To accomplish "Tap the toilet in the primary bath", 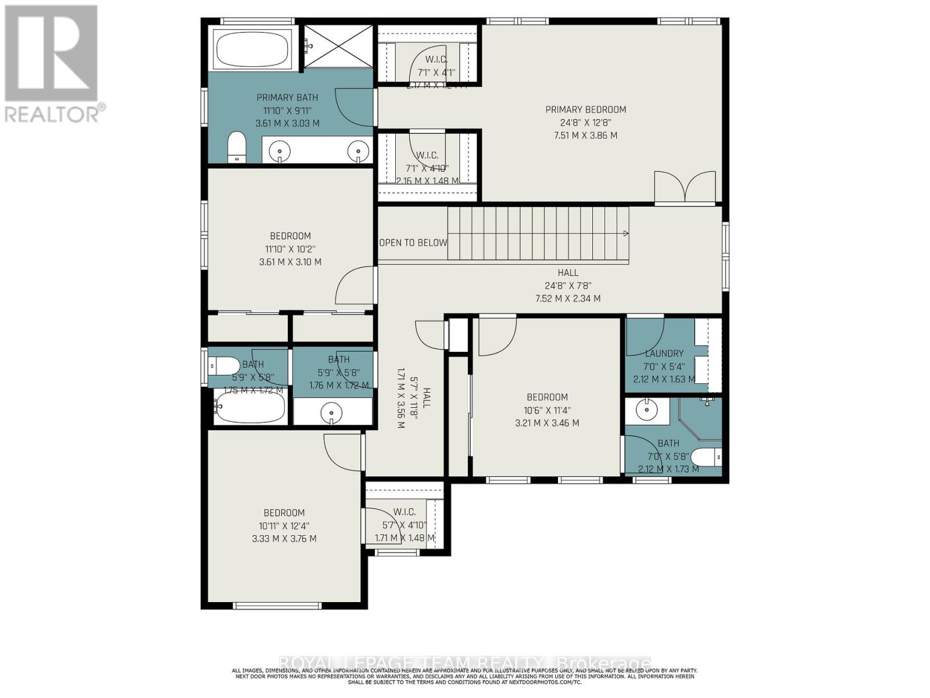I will point(237,147).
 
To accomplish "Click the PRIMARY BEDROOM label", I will point(585,109).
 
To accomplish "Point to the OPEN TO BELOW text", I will point(413,243).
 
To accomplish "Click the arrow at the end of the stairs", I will point(625,233).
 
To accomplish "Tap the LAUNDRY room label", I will point(664,353).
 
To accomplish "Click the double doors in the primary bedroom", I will point(685,187).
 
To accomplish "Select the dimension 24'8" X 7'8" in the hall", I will point(568,286).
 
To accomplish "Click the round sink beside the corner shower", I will point(646,410).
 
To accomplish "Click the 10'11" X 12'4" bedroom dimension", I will point(284,526).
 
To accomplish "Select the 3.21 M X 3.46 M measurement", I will point(547,423).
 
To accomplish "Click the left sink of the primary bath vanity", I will point(280,151).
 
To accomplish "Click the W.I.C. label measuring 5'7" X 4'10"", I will point(404,512).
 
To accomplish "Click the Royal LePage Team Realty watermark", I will point(465,663).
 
